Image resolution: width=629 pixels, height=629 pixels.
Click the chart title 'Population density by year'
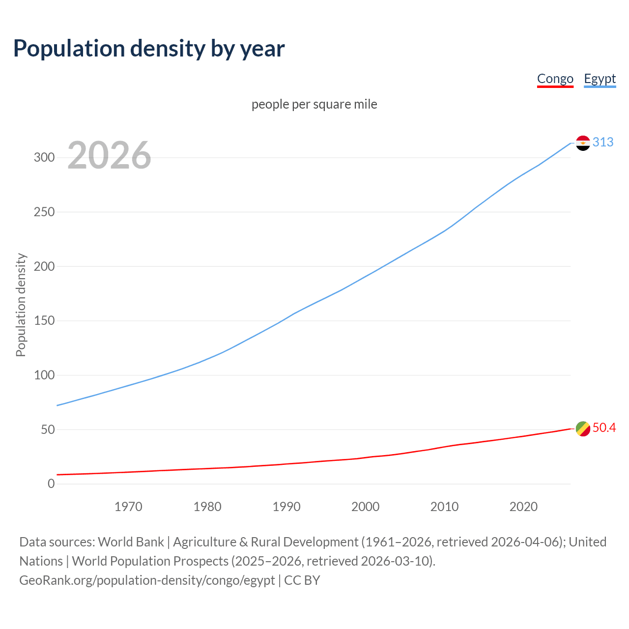pos(149,49)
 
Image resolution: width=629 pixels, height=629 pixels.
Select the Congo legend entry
pos(555,79)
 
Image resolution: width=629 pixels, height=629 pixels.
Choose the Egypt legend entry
pos(600,79)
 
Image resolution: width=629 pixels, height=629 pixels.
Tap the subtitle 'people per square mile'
pos(314,105)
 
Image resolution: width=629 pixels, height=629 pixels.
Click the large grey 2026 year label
pos(109,155)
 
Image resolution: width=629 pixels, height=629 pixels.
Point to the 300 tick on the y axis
pos(44,158)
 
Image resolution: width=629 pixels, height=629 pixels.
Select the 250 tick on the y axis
pos(44,212)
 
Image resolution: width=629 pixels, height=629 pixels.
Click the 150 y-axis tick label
pos(44,321)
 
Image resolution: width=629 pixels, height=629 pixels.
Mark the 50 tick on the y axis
pos(47,430)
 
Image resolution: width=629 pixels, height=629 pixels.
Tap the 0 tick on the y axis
pos(51,484)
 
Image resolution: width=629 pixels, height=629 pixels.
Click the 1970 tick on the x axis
pos(128,507)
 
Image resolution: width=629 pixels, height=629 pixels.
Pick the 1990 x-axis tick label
pos(286,507)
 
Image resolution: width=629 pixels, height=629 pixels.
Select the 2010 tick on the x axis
pos(444,507)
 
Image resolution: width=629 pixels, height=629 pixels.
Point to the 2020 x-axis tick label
pos(523,507)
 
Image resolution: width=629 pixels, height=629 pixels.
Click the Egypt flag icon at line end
pos(583,143)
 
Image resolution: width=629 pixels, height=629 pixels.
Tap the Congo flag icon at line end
pos(583,429)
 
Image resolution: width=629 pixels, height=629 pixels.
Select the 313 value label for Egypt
pos(603,143)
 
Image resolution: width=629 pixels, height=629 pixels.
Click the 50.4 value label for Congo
pos(604,428)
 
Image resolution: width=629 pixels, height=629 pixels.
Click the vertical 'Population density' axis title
pos(21,305)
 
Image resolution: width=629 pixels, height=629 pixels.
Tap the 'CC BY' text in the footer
pos(302,580)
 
